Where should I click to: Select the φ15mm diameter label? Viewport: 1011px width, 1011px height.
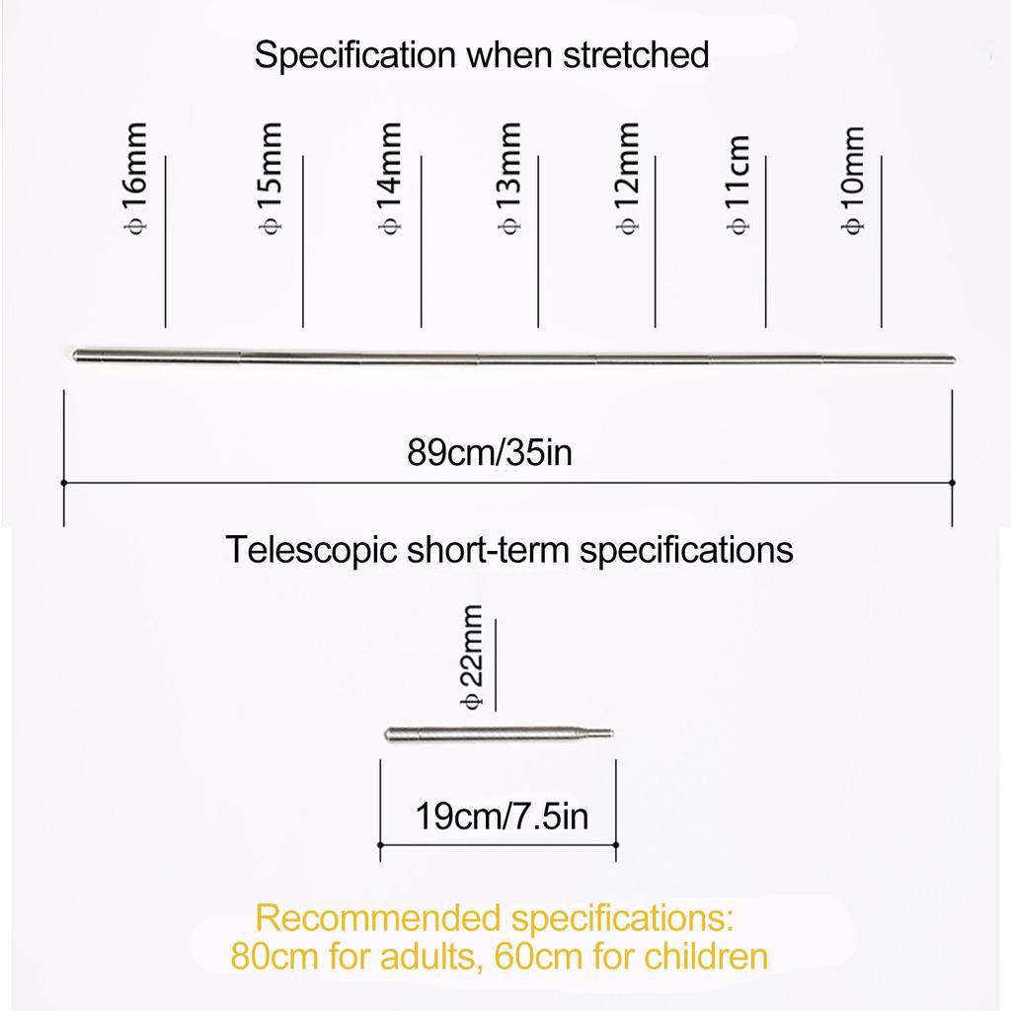271,179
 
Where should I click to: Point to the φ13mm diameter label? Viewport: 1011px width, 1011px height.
509,179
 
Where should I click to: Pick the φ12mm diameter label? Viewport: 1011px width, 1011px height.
628,179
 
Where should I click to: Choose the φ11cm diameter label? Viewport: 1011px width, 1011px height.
739,185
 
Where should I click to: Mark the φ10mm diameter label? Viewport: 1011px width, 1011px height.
852,181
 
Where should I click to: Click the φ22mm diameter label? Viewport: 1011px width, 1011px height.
471,657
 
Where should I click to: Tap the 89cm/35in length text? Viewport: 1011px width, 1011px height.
490,452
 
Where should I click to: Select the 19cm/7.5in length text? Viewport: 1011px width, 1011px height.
502,817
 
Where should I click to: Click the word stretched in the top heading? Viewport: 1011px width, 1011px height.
637,55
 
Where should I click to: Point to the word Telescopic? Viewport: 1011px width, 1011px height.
311,551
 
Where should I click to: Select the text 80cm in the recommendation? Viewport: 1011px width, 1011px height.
274,956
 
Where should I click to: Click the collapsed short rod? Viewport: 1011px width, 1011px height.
499,734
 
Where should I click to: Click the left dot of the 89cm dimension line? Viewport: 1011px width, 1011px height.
64,482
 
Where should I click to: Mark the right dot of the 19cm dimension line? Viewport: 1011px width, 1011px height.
616,845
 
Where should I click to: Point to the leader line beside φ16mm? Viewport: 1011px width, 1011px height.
166,242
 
